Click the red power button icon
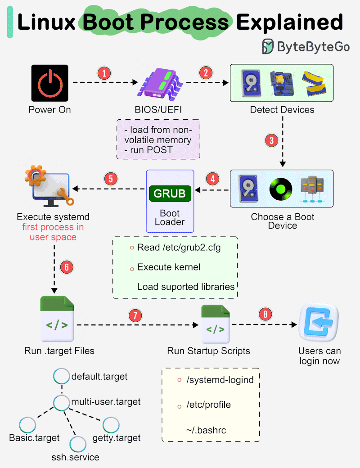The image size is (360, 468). coord(49,83)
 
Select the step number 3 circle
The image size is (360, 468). coord(270,140)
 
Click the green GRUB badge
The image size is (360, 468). coord(170,193)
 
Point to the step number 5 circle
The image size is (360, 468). coord(111,178)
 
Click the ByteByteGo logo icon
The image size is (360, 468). coord(268,46)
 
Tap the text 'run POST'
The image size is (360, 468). coord(148,150)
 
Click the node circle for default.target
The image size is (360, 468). coord(61,376)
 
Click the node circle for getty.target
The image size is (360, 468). coord(111,425)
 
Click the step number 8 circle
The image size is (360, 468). coord(266,314)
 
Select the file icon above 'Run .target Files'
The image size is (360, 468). coord(57,319)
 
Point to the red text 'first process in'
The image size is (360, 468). coord(53,227)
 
